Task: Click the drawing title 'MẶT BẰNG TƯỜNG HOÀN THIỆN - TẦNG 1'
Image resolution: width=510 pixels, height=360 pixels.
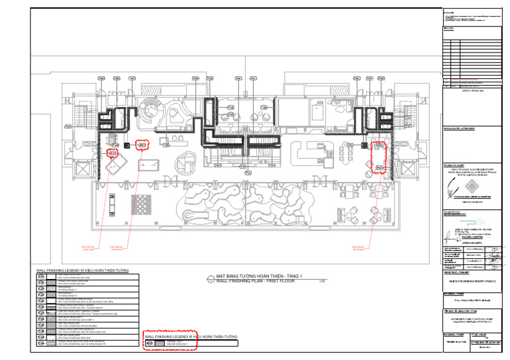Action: click(x=259, y=276)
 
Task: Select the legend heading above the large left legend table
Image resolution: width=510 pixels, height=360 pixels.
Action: click(x=82, y=271)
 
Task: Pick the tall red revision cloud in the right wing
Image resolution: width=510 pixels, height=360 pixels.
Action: click(x=379, y=156)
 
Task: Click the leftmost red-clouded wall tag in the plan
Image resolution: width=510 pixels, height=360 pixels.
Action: click(x=112, y=153)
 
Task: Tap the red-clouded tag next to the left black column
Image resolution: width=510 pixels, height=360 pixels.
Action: click(x=141, y=143)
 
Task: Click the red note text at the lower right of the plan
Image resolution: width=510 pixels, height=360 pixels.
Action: click(x=361, y=249)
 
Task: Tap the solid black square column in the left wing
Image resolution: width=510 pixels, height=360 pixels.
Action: click(x=127, y=144)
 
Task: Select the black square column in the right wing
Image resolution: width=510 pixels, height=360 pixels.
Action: click(x=363, y=144)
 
